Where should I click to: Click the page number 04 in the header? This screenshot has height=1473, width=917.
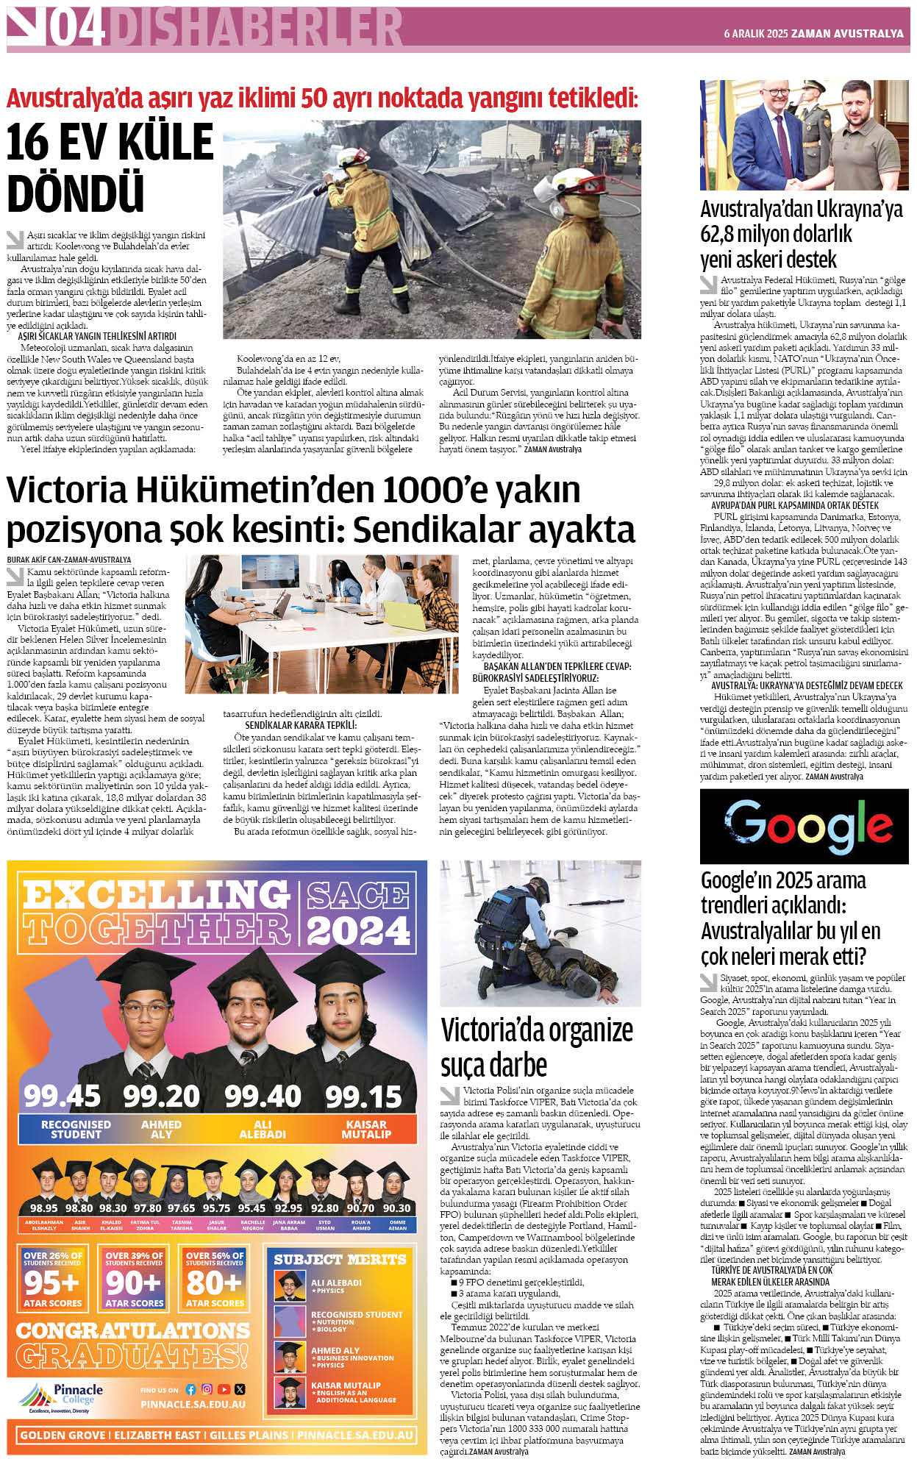pyautogui.click(x=76, y=29)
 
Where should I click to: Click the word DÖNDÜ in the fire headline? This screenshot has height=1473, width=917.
pyautogui.click(x=75, y=193)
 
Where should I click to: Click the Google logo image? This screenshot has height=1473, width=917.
pyautogui.click(x=804, y=826)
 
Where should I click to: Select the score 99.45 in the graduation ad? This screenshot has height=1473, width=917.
pyautogui.click(x=62, y=1096)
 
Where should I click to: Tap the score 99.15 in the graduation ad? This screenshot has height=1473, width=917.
pyautogui.click(x=363, y=1096)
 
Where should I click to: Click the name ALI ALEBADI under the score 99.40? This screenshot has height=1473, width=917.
pyautogui.click(x=263, y=1130)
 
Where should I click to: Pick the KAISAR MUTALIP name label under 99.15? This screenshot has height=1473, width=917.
pyautogui.click(x=365, y=1130)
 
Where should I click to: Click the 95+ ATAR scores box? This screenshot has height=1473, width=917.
pyautogui.click(x=52, y=1280)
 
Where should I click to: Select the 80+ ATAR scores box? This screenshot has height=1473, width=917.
pyautogui.click(x=214, y=1280)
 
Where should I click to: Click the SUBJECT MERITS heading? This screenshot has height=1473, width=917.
pyautogui.click(x=340, y=1260)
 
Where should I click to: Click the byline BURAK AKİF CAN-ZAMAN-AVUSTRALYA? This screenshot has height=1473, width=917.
pyautogui.click(x=69, y=560)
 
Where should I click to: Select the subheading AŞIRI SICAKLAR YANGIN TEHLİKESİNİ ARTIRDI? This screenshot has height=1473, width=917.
pyautogui.click(x=97, y=336)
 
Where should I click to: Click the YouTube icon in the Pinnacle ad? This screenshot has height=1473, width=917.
pyautogui.click(x=223, y=1389)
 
